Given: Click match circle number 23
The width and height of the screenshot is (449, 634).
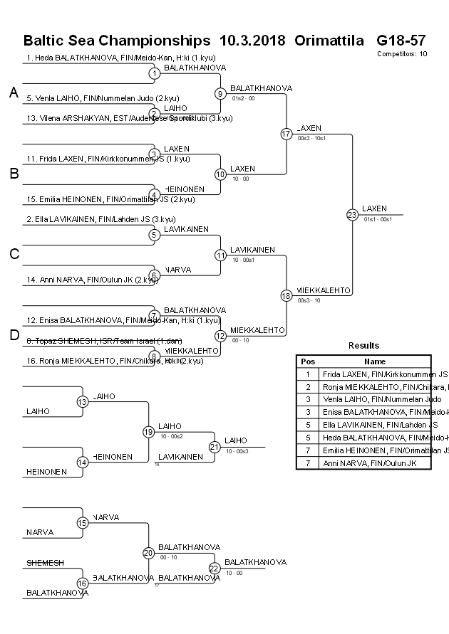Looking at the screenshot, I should (x=352, y=215).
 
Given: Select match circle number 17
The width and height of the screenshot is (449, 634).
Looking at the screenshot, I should (x=287, y=134).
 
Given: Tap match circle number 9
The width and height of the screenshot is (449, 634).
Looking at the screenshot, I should (x=220, y=93).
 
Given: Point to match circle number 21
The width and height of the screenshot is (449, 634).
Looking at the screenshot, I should (x=215, y=447).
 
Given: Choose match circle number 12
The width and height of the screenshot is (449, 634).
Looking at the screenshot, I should (x=220, y=336).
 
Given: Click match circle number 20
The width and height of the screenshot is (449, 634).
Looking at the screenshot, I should (x=148, y=553).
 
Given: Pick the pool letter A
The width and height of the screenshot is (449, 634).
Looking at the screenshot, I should (x=14, y=93).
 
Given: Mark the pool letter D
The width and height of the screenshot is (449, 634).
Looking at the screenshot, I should (x=14, y=336).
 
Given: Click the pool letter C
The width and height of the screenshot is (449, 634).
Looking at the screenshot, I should (x=14, y=255).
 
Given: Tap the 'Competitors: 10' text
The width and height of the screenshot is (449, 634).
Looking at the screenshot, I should (x=403, y=53).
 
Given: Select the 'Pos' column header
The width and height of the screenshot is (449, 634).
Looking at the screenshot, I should (x=308, y=361).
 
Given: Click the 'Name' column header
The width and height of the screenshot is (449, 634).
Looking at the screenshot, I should (x=375, y=361).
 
